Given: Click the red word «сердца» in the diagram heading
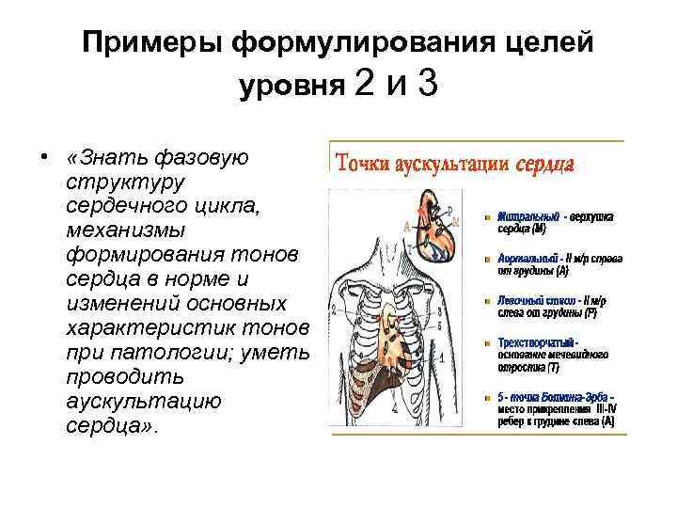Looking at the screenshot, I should [x=545, y=163].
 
